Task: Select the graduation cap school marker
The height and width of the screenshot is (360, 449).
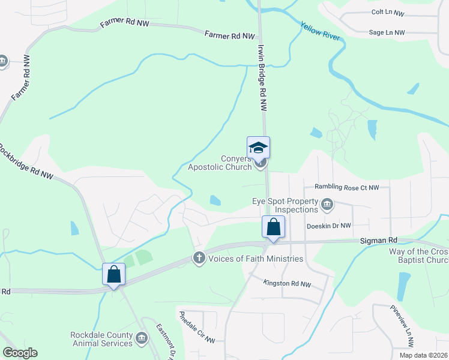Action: [x=259, y=148]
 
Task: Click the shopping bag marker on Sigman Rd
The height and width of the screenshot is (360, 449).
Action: [x=273, y=227]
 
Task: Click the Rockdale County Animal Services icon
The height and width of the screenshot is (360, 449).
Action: [x=141, y=339]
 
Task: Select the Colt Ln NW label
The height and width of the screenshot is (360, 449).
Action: [x=388, y=13]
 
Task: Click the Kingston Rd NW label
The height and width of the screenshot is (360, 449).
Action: [x=288, y=284]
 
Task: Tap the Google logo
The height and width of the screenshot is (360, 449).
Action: [x=20, y=353]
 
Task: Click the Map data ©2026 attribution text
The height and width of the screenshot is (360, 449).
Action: [x=423, y=355]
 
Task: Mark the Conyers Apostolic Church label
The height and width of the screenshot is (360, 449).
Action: [x=220, y=163]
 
